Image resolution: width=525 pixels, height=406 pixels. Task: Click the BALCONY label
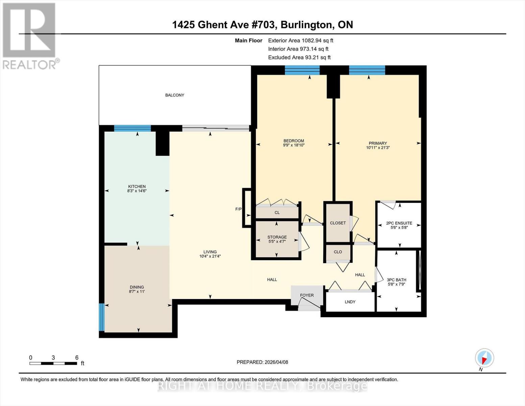[x=175, y=95]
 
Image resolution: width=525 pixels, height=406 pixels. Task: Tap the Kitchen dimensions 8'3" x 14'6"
[x=137, y=191]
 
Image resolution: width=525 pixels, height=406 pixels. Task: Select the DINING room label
[x=137, y=287]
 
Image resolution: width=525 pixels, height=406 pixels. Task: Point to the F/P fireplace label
[x=238, y=209]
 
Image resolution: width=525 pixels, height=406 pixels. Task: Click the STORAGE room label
[x=277, y=237]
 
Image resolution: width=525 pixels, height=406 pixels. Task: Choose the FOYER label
[x=307, y=295]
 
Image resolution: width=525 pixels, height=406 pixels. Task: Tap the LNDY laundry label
[x=350, y=302]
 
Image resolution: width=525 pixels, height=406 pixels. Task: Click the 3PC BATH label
[x=397, y=280]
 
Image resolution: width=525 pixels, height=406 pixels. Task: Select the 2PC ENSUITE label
[x=399, y=223]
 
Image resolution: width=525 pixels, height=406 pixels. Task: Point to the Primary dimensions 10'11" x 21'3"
[x=378, y=148]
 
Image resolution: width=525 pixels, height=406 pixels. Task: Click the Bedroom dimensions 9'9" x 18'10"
[x=293, y=145]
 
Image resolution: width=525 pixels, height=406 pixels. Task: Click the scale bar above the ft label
[x=53, y=363]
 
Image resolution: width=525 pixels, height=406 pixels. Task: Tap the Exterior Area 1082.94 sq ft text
[x=301, y=40]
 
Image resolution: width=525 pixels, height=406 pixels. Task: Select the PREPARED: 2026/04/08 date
[x=262, y=362]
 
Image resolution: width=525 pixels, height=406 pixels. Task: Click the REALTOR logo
[x=29, y=36]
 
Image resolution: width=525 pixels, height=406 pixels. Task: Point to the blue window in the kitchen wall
[x=132, y=128]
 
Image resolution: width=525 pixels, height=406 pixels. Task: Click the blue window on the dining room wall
[x=101, y=317]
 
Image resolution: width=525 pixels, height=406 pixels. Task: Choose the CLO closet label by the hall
[x=338, y=252]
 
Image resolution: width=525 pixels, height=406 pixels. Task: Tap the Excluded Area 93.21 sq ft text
[x=299, y=58]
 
